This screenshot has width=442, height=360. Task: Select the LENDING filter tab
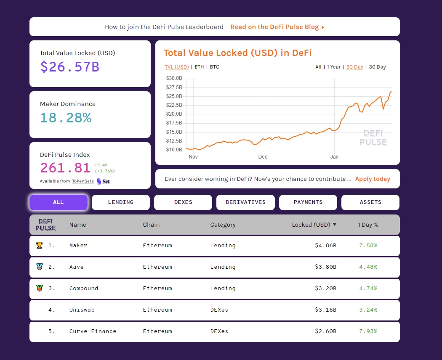(121, 202)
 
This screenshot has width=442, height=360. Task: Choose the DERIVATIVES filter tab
(245, 202)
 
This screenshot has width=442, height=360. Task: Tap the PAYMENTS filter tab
(308, 202)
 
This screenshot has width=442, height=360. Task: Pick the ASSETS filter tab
(370, 202)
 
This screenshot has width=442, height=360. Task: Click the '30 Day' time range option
(377, 67)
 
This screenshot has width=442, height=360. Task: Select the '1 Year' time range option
(334, 67)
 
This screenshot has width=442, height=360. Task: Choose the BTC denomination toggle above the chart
(215, 67)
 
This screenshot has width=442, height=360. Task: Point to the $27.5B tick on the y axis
(174, 87)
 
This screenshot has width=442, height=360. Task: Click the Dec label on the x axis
(263, 156)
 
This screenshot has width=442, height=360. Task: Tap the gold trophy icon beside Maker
(40, 245)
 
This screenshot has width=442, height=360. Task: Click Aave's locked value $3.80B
(325, 267)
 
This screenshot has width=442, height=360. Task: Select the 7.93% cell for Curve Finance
(368, 331)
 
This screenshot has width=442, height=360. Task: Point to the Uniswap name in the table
(82, 310)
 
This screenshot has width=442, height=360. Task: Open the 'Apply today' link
(373, 179)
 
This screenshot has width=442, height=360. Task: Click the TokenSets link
(83, 181)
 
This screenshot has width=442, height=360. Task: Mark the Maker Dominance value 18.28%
(66, 118)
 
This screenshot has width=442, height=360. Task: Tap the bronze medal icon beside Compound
(40, 288)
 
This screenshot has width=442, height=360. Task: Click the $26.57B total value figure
(69, 67)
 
